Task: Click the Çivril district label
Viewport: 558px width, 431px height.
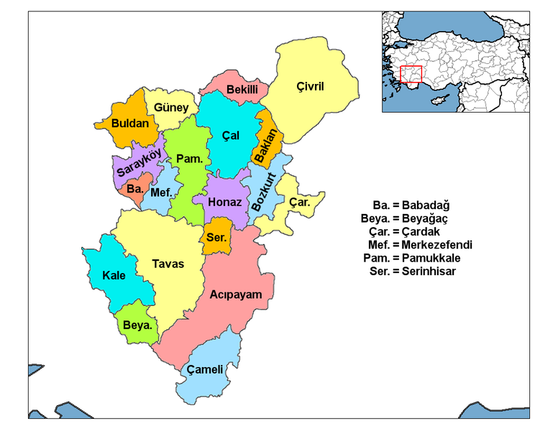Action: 311,87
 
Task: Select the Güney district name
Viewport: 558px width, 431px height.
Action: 171,108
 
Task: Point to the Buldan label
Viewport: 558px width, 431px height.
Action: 131,123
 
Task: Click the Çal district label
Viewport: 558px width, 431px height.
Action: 230,135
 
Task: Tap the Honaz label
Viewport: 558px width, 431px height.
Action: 224,202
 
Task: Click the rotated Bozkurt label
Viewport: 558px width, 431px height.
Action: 265,188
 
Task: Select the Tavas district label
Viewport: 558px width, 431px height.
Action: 168,264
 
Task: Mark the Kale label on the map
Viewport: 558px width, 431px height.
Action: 114,275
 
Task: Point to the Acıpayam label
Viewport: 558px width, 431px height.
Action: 236,295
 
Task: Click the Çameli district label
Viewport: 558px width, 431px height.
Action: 205,370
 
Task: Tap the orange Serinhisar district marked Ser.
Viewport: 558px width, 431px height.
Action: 216,237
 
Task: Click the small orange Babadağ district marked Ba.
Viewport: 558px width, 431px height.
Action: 134,190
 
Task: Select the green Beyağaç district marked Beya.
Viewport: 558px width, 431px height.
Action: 137,325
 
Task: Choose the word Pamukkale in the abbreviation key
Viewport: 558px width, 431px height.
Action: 431,258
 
